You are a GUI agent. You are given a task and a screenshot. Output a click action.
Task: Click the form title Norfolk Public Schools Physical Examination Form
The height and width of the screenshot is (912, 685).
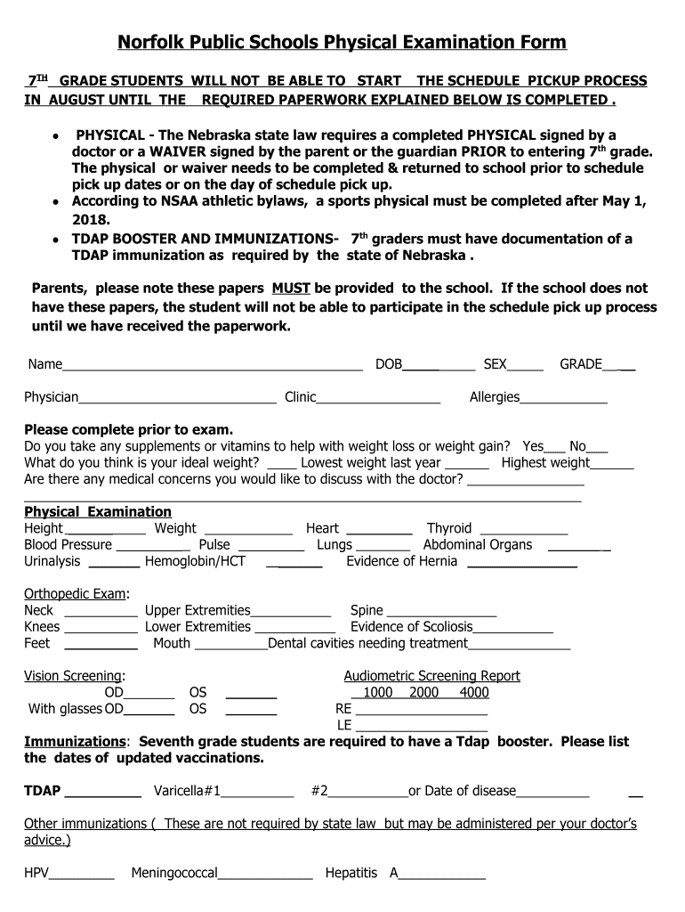click(342, 43)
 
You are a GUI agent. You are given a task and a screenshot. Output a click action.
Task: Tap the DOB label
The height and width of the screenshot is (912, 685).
click(389, 364)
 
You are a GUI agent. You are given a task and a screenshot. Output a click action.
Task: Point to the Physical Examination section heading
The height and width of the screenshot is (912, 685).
click(98, 511)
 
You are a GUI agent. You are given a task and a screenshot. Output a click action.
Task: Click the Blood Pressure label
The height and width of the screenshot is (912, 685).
click(68, 544)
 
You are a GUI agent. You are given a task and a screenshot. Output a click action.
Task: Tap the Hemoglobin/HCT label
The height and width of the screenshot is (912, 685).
click(195, 561)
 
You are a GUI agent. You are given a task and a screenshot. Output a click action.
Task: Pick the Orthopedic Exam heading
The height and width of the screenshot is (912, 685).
click(76, 594)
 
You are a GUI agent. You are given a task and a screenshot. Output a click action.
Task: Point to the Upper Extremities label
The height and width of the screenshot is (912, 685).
click(197, 610)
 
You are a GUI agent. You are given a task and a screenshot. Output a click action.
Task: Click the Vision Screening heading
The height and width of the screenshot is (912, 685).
click(73, 676)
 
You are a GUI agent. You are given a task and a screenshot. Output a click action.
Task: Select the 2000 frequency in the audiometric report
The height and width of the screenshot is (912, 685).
click(423, 692)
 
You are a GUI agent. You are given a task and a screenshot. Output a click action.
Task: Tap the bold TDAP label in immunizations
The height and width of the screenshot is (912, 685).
click(42, 791)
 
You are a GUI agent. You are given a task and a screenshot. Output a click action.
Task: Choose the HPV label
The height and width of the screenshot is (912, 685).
click(36, 873)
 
